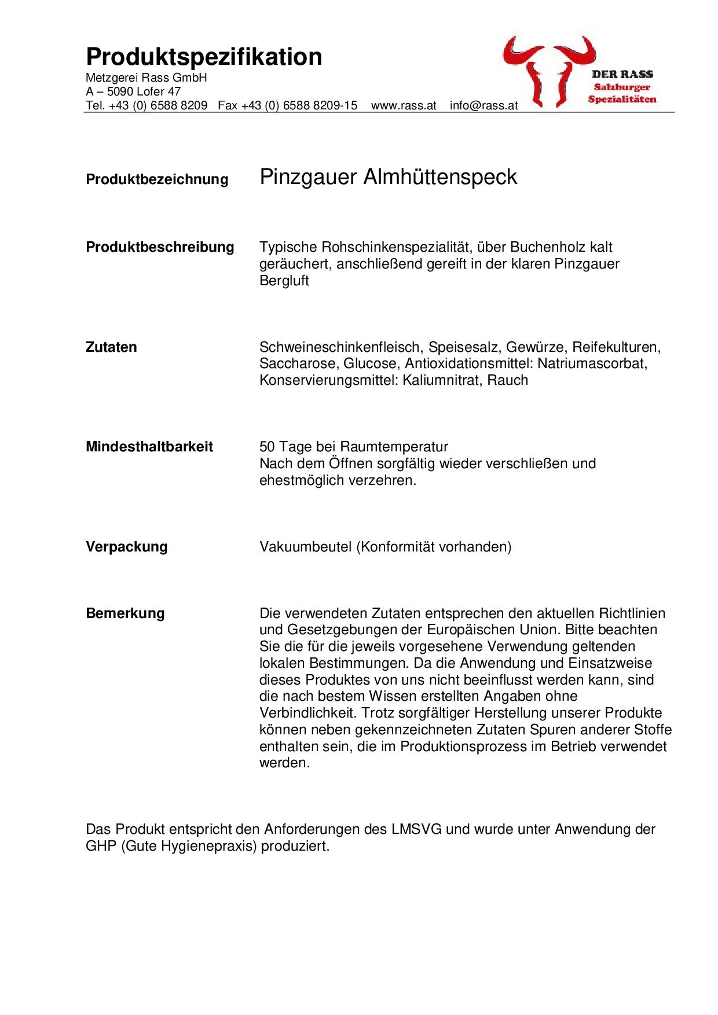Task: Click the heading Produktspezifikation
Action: (204, 57)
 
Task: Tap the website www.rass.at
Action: (404, 106)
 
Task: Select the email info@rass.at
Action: (483, 106)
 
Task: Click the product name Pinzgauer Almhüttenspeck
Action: (388, 177)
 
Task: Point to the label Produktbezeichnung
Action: (157, 179)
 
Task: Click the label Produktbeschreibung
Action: (160, 247)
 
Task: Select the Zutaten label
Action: (111, 347)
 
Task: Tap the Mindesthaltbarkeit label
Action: (149, 447)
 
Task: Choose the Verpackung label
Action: (126, 547)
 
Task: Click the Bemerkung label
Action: (125, 613)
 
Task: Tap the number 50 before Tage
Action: (267, 447)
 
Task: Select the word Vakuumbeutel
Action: (305, 547)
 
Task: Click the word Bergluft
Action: (284, 281)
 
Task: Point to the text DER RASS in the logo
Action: (622, 74)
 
